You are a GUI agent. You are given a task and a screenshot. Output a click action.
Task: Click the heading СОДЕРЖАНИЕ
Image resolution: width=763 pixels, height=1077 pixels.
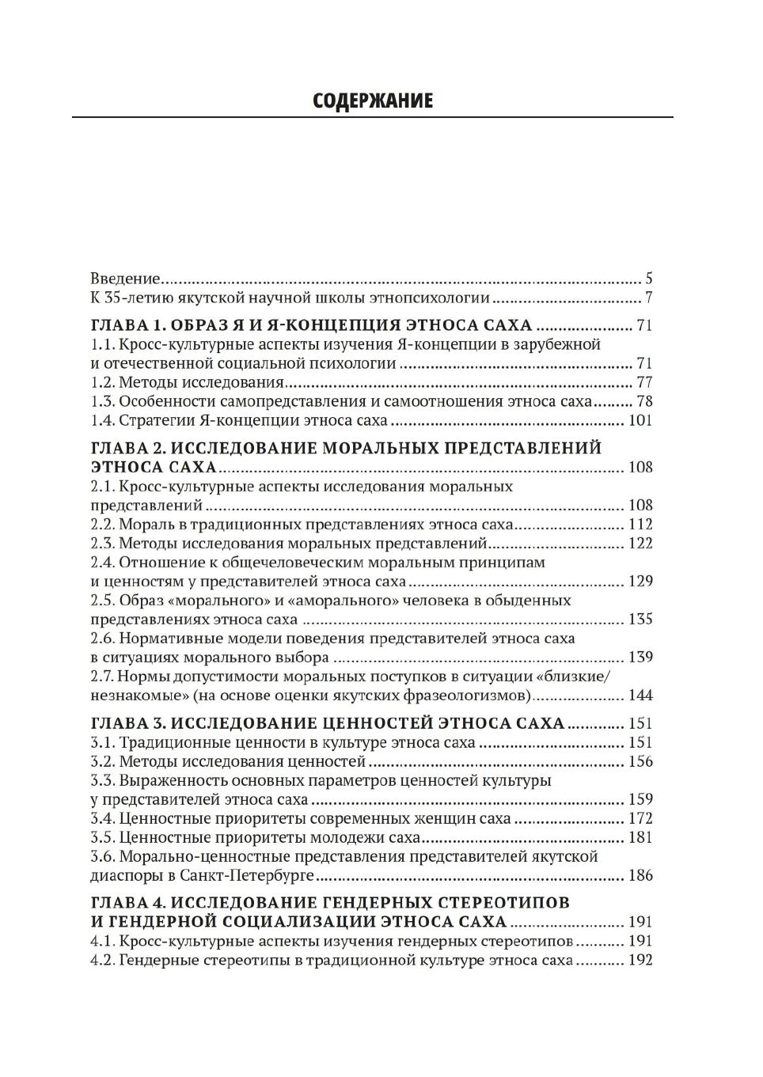(x=373, y=100)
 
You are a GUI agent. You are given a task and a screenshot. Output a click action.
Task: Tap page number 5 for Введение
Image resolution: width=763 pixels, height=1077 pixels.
(x=648, y=279)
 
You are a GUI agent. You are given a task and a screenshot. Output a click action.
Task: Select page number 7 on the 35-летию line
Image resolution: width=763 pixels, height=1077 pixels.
(x=648, y=298)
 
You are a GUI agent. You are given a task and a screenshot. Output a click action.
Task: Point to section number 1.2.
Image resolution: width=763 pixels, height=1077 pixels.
(x=103, y=382)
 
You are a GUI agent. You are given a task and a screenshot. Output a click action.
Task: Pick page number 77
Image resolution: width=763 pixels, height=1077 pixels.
(x=644, y=382)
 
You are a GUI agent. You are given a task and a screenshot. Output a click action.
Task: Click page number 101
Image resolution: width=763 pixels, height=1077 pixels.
(x=640, y=420)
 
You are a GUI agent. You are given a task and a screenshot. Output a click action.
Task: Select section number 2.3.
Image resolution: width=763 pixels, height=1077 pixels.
(x=103, y=543)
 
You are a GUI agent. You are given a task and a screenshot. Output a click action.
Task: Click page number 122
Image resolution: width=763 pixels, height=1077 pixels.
(x=640, y=543)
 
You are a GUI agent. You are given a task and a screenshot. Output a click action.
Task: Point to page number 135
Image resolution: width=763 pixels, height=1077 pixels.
(x=640, y=619)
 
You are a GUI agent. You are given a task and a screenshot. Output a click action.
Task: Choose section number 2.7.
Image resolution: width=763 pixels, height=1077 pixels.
(x=103, y=676)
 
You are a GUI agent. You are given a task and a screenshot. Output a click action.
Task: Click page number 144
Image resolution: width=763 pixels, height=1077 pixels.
(x=640, y=695)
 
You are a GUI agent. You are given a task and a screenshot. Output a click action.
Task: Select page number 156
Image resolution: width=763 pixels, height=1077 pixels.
(x=640, y=761)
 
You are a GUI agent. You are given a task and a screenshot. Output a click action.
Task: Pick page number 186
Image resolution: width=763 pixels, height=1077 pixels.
(x=640, y=875)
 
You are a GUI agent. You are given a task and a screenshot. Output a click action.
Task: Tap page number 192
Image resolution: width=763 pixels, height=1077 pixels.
(x=640, y=960)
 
